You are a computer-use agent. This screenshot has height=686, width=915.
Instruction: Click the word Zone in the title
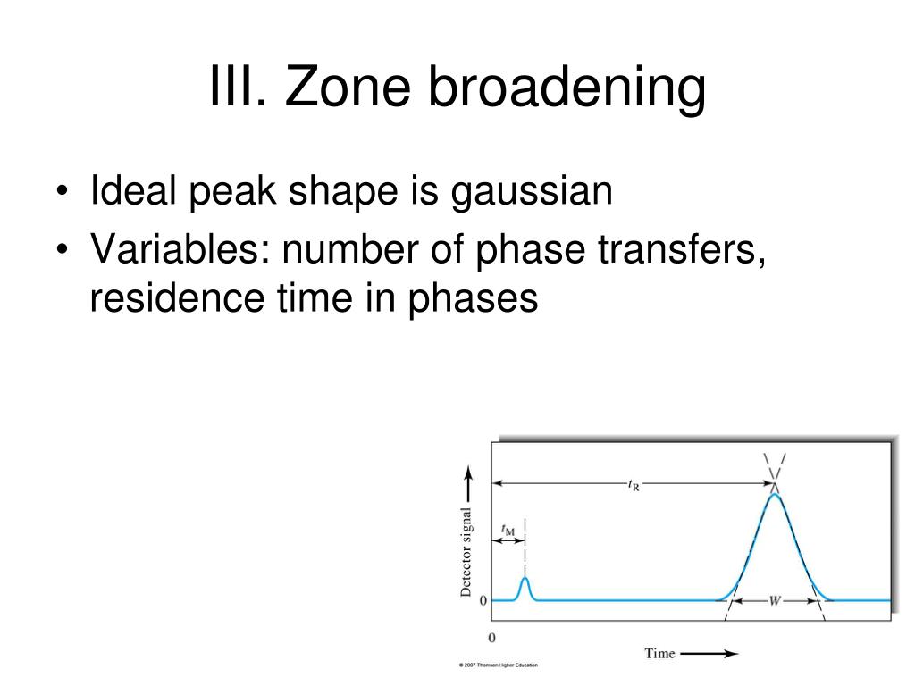click(348, 87)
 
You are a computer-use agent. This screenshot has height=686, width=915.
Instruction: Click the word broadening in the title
click(567, 88)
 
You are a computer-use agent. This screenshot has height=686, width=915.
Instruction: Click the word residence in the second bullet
click(177, 297)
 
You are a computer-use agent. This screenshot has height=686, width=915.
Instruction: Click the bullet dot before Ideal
click(63, 191)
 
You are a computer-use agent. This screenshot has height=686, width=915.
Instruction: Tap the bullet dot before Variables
click(63, 250)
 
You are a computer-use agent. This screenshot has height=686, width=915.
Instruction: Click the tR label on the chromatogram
click(634, 485)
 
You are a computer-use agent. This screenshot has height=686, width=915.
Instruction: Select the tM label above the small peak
click(508, 530)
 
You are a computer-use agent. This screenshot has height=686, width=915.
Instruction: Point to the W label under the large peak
click(775, 601)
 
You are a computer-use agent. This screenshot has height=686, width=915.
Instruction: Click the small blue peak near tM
click(525, 588)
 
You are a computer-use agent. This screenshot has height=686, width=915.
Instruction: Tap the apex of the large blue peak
click(775, 494)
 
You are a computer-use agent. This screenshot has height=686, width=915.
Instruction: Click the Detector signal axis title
click(466, 552)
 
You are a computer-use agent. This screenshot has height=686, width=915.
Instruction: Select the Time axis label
click(659, 653)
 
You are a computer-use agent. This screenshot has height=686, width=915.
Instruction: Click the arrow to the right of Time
click(709, 653)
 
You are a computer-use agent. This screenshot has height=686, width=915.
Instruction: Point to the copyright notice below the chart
click(499, 665)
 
